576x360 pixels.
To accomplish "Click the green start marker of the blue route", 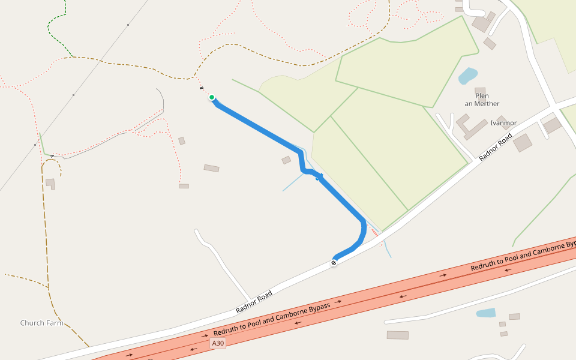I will pyautogui.click(x=212, y=97).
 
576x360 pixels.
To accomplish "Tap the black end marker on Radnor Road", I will pyautogui.click(x=334, y=263).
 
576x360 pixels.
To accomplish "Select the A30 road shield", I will pyautogui.click(x=218, y=343).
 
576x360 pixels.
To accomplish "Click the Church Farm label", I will pyautogui.click(x=41, y=323).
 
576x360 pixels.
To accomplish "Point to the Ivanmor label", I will pyautogui.click(x=503, y=123).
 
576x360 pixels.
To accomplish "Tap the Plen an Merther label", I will pyautogui.click(x=482, y=100).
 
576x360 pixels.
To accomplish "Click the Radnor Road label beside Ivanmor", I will pyautogui.click(x=496, y=148).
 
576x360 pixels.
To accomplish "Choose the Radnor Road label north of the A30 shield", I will pyautogui.click(x=254, y=302).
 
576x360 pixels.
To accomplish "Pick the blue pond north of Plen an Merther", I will pyautogui.click(x=468, y=76).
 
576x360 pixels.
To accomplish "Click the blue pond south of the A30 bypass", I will pyautogui.click(x=486, y=313).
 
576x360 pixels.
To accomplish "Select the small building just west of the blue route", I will pyautogui.click(x=286, y=160).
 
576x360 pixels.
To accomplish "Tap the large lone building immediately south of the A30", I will pyautogui.click(x=397, y=335).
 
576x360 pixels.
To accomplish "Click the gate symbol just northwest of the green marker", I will pyautogui.click(x=202, y=89).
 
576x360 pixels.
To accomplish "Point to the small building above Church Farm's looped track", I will pyautogui.click(x=50, y=182).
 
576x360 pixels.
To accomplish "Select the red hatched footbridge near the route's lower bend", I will pyautogui.click(x=374, y=232).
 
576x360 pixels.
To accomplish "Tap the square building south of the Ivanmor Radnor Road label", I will pyautogui.click(x=523, y=143).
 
